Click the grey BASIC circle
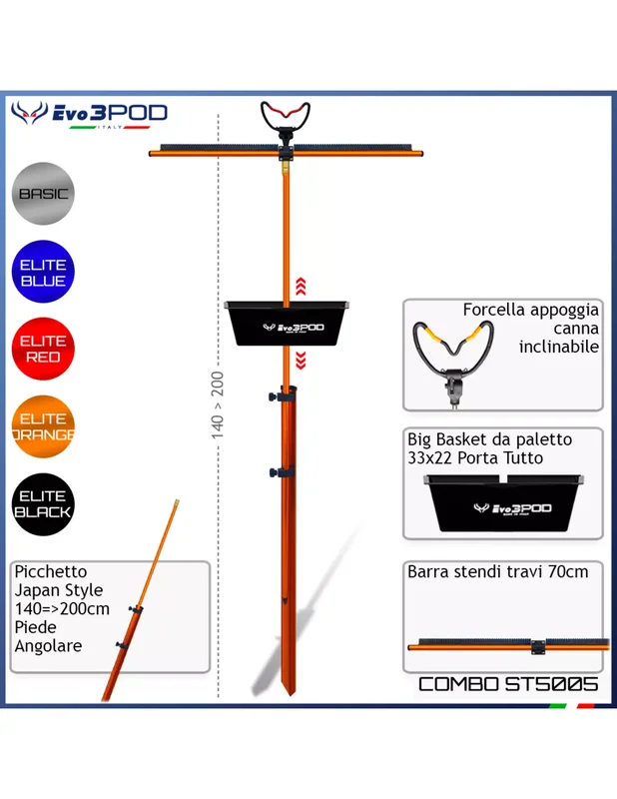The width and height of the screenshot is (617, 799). pyautogui.click(x=43, y=194)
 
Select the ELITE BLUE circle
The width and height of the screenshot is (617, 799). pyautogui.click(x=43, y=272)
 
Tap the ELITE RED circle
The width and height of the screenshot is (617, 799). pyautogui.click(x=43, y=349)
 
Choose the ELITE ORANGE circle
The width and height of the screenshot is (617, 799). pyautogui.click(x=43, y=427)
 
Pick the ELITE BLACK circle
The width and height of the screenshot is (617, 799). pyautogui.click(x=43, y=504)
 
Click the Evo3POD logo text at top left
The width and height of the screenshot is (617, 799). pyautogui.click(x=110, y=113)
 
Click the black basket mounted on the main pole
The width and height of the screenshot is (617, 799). pyautogui.click(x=287, y=323)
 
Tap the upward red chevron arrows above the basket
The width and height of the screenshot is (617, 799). pyautogui.click(x=301, y=287)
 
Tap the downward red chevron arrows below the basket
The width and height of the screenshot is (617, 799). pyautogui.click(x=301, y=360)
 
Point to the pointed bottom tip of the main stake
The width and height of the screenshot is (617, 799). pyautogui.click(x=291, y=694)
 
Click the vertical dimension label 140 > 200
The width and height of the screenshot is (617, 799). pyautogui.click(x=218, y=405)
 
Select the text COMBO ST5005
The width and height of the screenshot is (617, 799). pyautogui.click(x=508, y=684)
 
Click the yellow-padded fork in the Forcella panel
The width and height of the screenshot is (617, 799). pyautogui.click(x=453, y=357)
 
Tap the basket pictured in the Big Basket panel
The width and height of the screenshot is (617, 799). pyautogui.click(x=503, y=503)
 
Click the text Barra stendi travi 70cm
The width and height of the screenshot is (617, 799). pyautogui.click(x=498, y=571)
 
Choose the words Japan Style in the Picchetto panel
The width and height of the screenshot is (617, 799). pyautogui.click(x=59, y=590)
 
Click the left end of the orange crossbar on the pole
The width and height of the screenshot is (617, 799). pyautogui.click(x=151, y=153)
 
